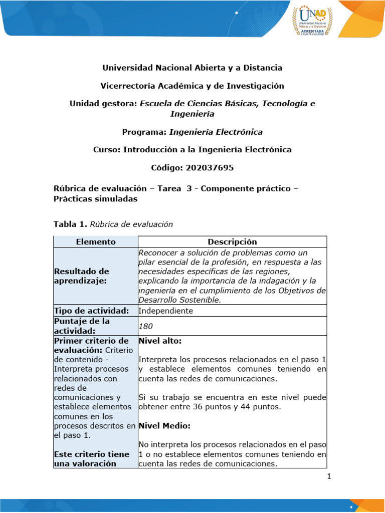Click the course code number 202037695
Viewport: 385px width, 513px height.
(210, 168)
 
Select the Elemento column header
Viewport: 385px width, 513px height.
(96, 241)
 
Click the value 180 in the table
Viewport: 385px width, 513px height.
(146, 326)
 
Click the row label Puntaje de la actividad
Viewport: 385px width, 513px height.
(81, 326)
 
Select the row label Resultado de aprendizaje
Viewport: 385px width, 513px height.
(81, 276)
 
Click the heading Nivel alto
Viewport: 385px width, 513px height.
(159, 341)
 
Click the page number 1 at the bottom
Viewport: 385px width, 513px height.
(329, 476)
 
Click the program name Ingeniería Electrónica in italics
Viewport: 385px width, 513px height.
(216, 132)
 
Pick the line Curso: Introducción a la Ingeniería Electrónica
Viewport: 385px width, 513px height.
(192, 149)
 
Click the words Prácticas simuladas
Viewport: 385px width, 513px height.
(95, 198)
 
